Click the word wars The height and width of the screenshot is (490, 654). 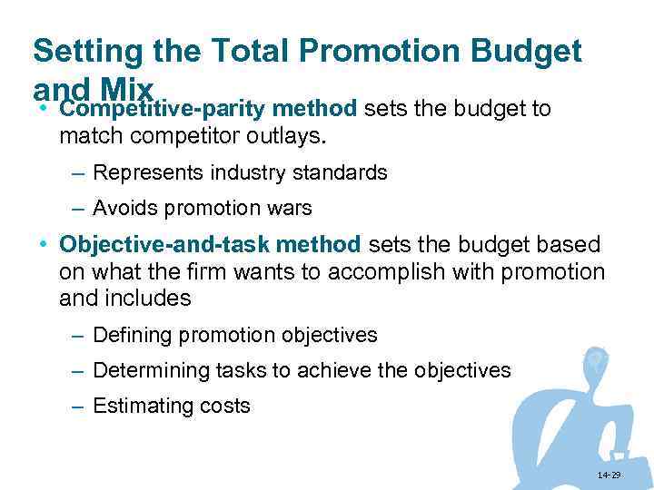click(x=291, y=208)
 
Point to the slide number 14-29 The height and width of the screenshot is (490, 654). click(x=610, y=475)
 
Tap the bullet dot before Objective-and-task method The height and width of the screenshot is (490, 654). click(x=43, y=246)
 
